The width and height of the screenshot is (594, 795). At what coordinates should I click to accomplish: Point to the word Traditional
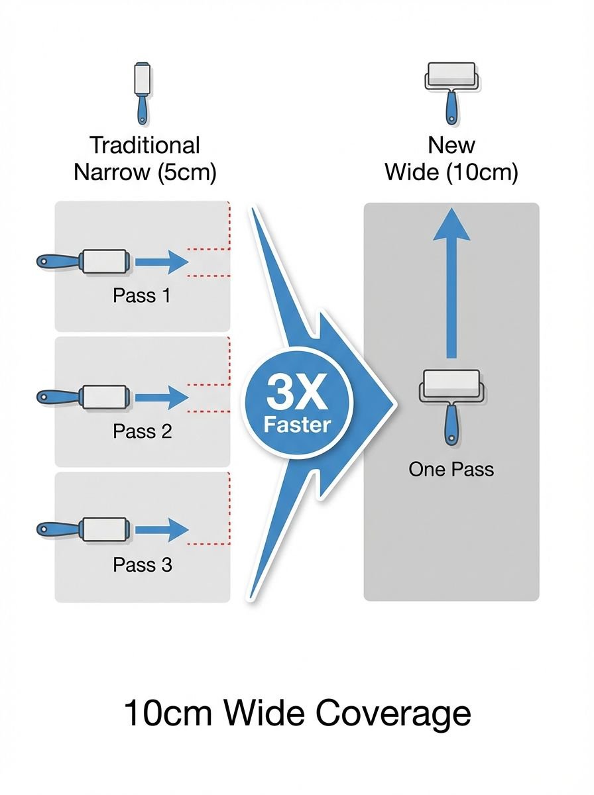(145, 145)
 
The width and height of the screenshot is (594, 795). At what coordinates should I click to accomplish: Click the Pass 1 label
(142, 295)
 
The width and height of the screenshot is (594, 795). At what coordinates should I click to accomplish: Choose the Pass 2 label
(143, 431)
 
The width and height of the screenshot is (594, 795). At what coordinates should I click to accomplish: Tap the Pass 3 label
(143, 565)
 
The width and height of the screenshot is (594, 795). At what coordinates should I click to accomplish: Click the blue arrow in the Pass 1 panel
(162, 262)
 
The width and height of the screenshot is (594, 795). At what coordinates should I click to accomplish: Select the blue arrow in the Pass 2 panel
(162, 398)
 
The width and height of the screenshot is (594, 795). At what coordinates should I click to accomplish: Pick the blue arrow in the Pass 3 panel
(162, 531)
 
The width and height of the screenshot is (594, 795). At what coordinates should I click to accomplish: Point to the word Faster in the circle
(297, 425)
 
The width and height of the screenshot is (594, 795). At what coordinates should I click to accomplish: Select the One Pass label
(451, 470)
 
